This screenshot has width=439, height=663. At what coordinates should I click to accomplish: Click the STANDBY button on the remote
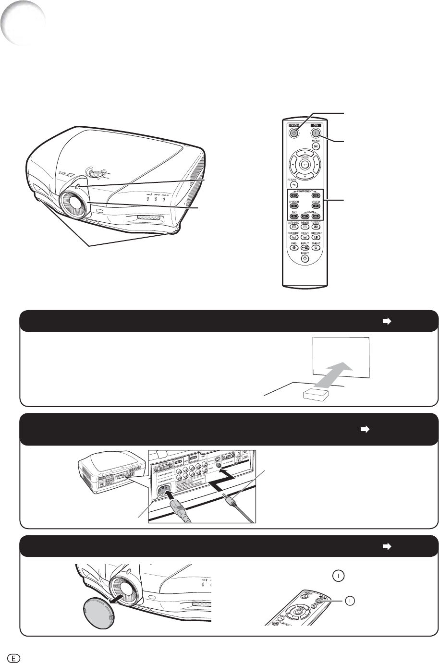294,133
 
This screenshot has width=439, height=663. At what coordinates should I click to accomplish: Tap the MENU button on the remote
316,146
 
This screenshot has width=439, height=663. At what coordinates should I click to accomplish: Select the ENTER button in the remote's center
305,164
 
